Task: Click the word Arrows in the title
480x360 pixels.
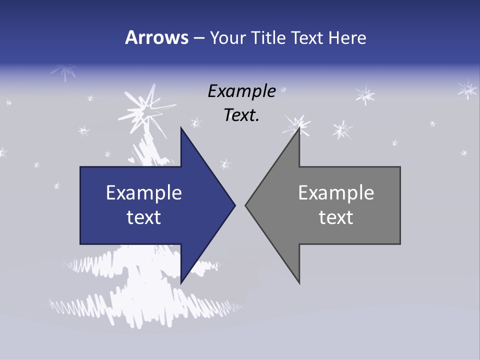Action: click(x=155, y=37)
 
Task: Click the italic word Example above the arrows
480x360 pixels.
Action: click(x=241, y=91)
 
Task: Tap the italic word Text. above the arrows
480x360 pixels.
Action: click(x=241, y=115)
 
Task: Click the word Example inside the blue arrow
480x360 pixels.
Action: click(x=143, y=192)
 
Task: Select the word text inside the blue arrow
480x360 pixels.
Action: click(x=143, y=217)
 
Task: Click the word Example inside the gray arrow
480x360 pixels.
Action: click(x=336, y=192)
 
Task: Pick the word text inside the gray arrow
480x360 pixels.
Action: click(x=336, y=217)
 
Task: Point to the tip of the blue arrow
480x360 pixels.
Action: click(x=234, y=205)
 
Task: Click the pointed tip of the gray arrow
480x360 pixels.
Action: click(x=245, y=205)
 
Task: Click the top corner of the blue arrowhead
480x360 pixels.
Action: click(x=181, y=128)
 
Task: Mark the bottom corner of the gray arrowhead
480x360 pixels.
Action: click(x=299, y=282)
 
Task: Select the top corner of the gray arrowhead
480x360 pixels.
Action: click(x=299, y=128)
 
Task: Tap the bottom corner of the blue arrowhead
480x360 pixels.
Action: click(x=181, y=282)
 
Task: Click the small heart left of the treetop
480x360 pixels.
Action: click(x=131, y=160)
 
